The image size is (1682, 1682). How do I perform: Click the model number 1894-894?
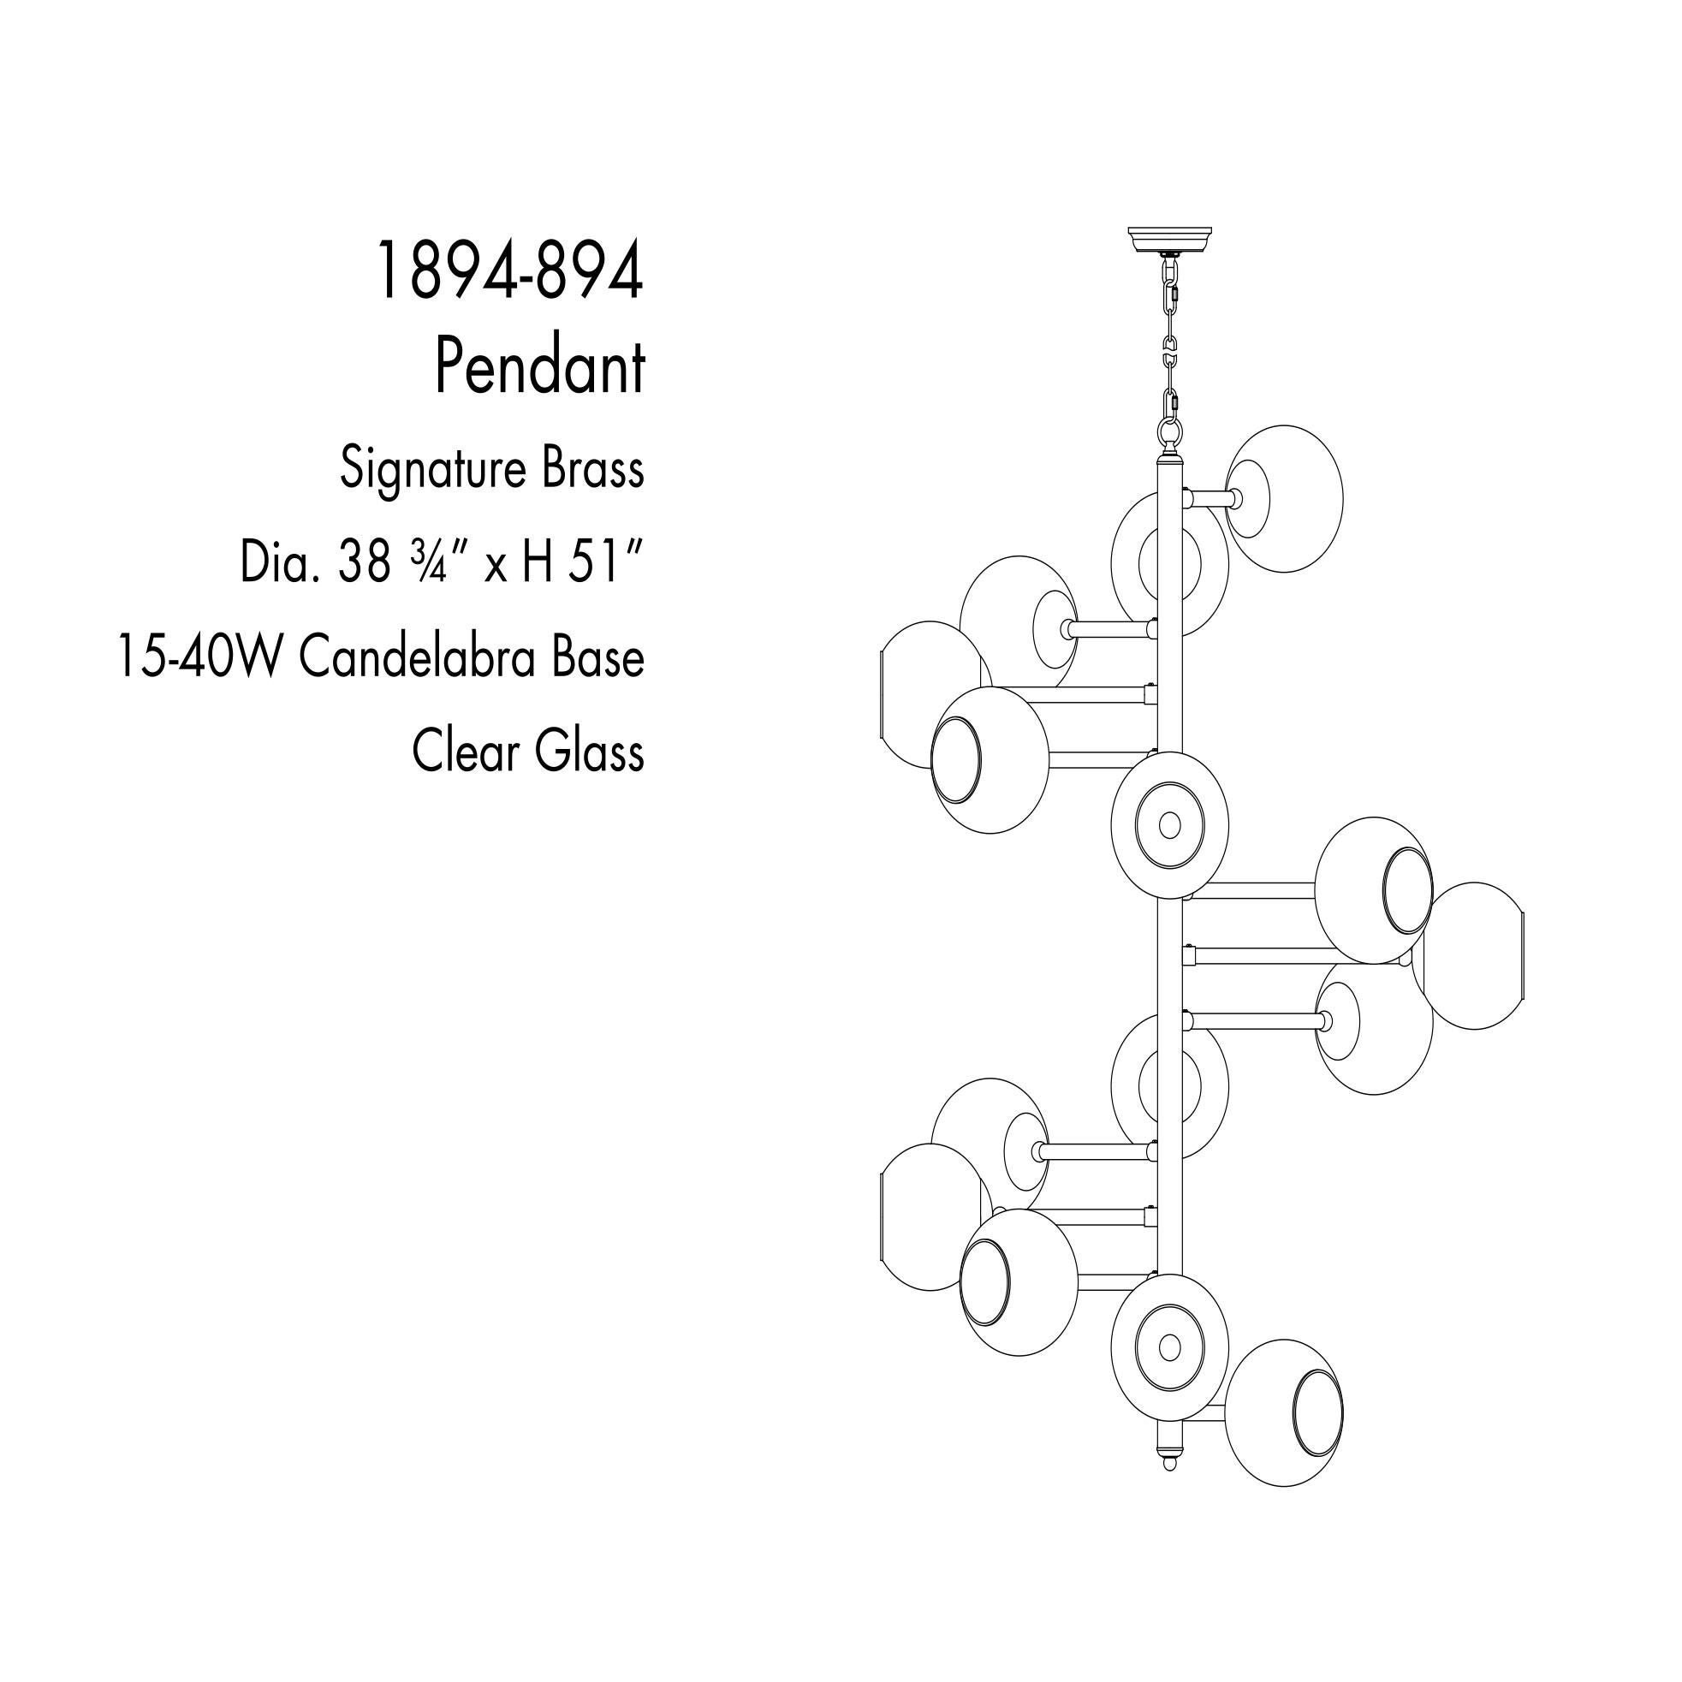tap(509, 271)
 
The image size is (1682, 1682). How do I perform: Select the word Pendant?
tap(540, 366)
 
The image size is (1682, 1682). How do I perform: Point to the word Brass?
tap(593, 468)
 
